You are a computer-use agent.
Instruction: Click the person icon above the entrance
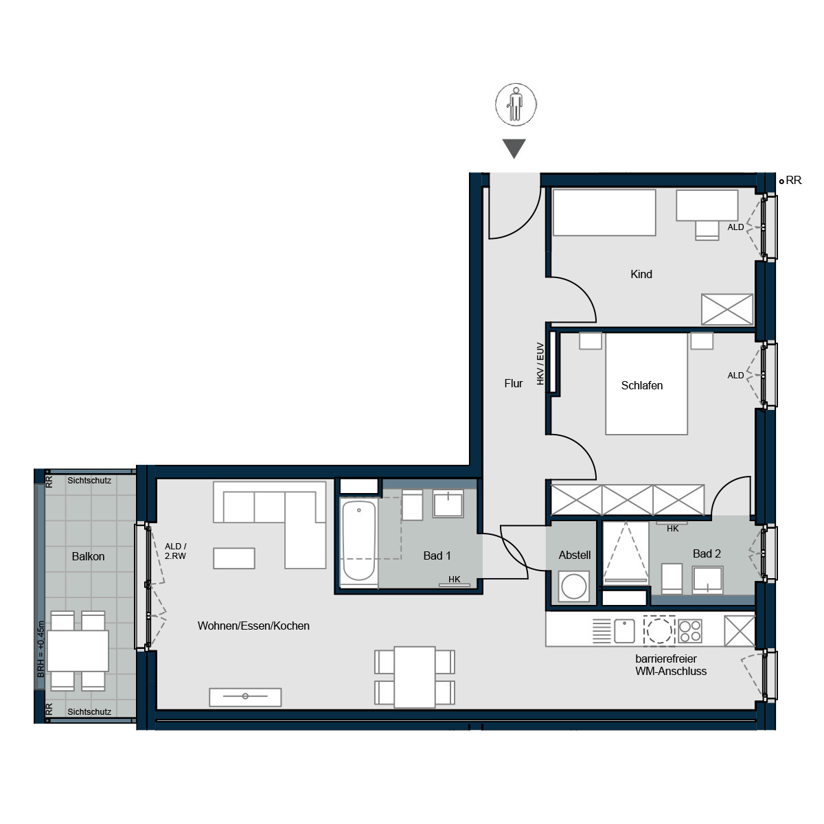tap(516, 105)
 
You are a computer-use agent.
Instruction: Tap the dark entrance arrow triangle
tap(514, 148)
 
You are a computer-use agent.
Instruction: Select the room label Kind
tap(641, 275)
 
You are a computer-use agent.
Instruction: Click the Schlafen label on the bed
tap(641, 386)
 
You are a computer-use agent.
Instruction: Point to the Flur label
tap(513, 384)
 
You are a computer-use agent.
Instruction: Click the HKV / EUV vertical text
tap(540, 363)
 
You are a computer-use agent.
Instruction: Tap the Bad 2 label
tap(707, 553)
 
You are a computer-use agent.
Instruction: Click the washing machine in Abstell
tap(573, 587)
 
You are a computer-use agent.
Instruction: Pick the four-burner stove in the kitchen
tap(689, 630)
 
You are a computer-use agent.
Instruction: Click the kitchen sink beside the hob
tap(624, 630)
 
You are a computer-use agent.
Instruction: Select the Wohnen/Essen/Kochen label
tap(253, 626)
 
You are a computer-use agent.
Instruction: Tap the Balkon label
tap(88, 557)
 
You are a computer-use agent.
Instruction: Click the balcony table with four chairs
tap(78, 650)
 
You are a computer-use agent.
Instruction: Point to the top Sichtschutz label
tap(89, 481)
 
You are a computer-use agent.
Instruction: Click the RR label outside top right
tap(793, 181)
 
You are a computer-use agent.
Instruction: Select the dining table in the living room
tap(414, 676)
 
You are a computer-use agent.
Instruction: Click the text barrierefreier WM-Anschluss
tap(670, 665)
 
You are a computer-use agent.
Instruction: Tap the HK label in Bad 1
tap(454, 580)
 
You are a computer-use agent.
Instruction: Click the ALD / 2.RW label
tap(175, 551)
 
